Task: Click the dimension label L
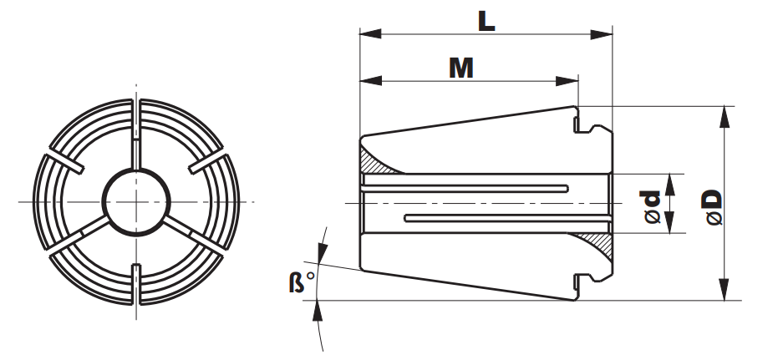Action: pyautogui.click(x=486, y=21)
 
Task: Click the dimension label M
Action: pyautogui.click(x=461, y=68)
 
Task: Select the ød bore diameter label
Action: pyautogui.click(x=653, y=207)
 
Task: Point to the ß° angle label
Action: pyautogui.click(x=302, y=281)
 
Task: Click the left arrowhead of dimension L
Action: pyautogui.click(x=371, y=33)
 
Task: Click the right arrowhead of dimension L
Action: pyautogui.click(x=602, y=34)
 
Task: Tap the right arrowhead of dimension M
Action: pyautogui.click(x=567, y=81)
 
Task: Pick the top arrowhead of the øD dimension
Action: pyautogui.click(x=725, y=117)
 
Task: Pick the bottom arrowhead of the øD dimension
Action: pyautogui.click(x=725, y=289)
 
